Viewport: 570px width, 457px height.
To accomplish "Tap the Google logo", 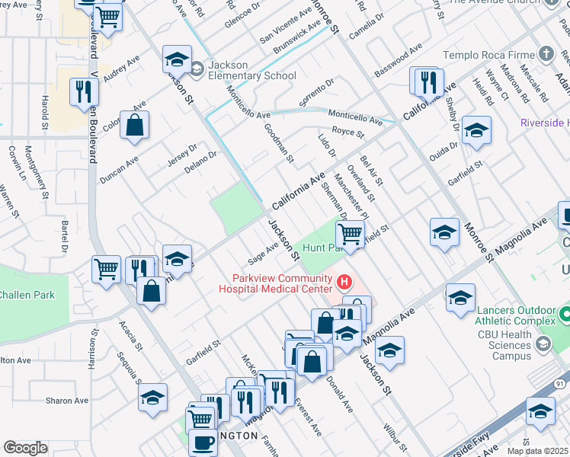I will [25, 447].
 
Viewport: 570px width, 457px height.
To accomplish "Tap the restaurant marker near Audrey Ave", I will [83, 92].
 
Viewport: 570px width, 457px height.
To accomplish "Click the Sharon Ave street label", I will [67, 401].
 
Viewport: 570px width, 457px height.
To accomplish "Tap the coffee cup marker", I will [203, 441].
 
